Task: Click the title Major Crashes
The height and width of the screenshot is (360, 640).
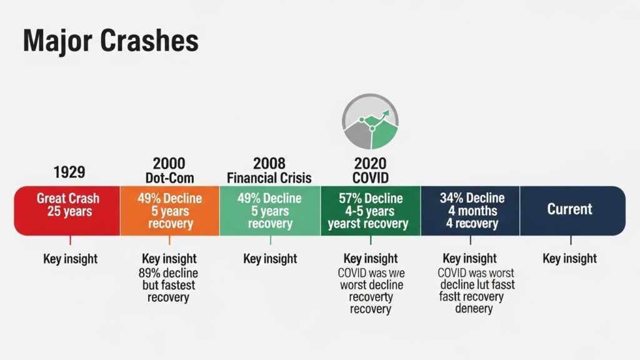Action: point(111,41)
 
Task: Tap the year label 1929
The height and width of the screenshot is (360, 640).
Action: point(70,172)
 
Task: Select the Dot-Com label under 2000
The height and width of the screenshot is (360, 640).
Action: point(168,178)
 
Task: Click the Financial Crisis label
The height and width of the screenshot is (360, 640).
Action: point(269,178)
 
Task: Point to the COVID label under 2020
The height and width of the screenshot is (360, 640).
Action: point(370,178)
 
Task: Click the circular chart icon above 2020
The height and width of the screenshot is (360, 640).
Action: point(370,121)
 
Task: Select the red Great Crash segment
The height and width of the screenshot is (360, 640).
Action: point(67,211)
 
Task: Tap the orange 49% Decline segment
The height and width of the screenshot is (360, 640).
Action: point(169,211)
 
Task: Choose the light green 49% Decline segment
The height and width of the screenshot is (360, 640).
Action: point(270,211)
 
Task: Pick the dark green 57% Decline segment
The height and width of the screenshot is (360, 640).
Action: point(370,211)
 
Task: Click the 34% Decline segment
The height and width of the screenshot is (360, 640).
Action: point(470,211)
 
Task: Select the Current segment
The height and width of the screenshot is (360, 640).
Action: point(570,209)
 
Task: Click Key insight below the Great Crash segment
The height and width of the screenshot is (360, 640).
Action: point(70,258)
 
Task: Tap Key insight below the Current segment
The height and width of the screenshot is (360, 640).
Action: point(570,258)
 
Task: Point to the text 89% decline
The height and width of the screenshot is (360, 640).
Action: point(167,272)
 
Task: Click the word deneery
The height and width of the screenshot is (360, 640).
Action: point(473,308)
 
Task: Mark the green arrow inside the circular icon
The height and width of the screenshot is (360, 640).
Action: point(384,115)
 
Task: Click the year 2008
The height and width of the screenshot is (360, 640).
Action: point(269,164)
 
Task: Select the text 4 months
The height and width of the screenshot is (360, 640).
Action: point(472,211)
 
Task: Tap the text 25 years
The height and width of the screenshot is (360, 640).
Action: point(69,211)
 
